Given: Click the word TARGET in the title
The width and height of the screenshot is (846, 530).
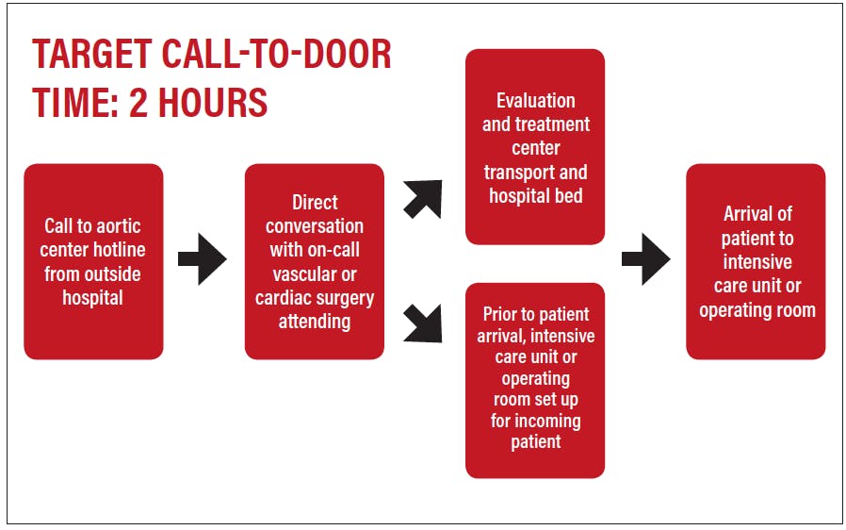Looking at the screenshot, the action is (x=92, y=55).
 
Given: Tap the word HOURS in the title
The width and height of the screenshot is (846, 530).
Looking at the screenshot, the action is (x=213, y=102).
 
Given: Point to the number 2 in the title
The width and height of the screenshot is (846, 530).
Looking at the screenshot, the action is (x=138, y=102).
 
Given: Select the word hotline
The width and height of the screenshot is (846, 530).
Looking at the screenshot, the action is (x=119, y=250).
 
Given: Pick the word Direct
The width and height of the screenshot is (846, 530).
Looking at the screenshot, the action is (x=315, y=202).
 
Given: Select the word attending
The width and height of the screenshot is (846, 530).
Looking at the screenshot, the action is (x=315, y=322).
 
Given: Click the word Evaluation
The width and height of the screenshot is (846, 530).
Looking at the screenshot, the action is (x=536, y=101).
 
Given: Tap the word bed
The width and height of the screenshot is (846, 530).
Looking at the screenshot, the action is (x=569, y=195).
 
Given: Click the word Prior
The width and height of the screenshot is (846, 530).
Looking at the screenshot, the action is (x=499, y=314).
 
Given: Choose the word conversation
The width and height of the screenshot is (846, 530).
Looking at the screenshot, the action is (x=315, y=225).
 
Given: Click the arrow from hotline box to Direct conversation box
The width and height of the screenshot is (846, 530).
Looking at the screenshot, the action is (x=203, y=259).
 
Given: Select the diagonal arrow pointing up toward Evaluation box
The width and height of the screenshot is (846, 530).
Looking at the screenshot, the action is (x=423, y=199).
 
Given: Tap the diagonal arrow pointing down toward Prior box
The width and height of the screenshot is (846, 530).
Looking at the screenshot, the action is (x=423, y=323).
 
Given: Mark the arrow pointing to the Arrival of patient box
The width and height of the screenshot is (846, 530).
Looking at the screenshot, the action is (x=646, y=259).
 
